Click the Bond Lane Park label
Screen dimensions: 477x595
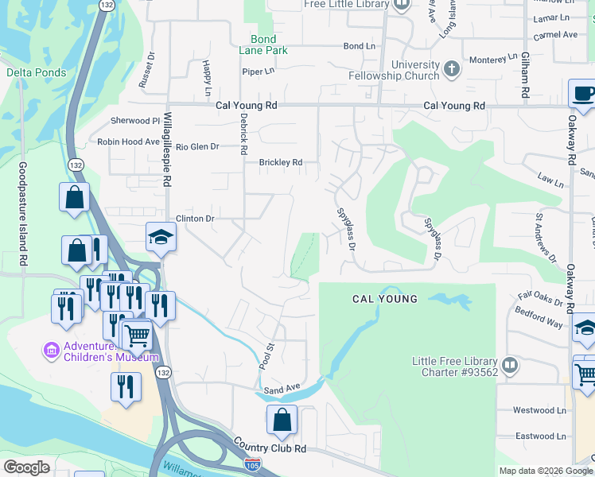(263, 45)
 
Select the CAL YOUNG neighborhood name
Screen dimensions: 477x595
(385, 299)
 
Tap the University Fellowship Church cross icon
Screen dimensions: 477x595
(452, 68)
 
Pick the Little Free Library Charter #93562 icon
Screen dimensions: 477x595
(509, 366)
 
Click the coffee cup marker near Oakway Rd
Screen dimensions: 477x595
(583, 93)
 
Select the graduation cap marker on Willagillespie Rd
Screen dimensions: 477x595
(160, 237)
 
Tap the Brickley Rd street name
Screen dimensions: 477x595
(281, 162)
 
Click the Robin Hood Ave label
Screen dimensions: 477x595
(129, 142)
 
